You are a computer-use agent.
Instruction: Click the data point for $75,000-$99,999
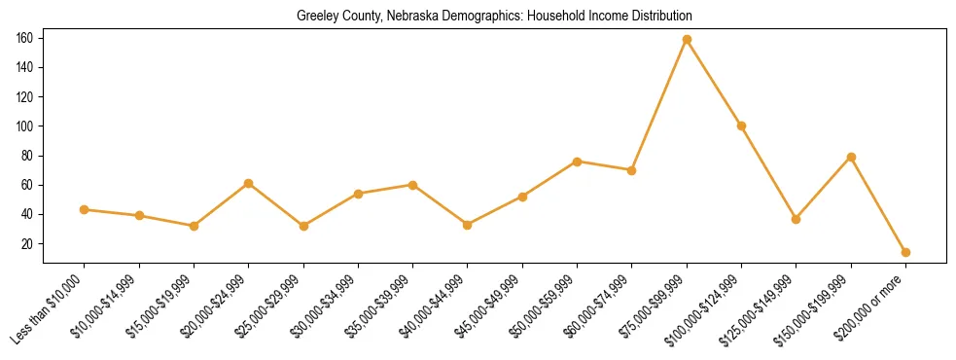pyautogui.click(x=687, y=39)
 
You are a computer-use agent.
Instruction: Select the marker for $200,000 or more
pyautogui.click(x=905, y=252)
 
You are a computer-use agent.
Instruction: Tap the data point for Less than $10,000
pyautogui.click(x=85, y=209)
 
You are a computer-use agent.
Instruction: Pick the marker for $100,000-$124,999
pyautogui.click(x=741, y=126)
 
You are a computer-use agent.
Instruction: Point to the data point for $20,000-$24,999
pyautogui.click(x=249, y=183)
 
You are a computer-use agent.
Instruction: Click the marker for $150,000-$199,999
pyautogui.click(x=851, y=157)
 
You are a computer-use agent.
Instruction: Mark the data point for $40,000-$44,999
pyautogui.click(x=468, y=225)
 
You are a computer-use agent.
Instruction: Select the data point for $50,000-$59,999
pyautogui.click(x=578, y=162)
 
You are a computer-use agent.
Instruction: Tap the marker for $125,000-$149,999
pyautogui.click(x=797, y=219)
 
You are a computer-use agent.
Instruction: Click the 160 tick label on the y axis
pyautogui.click(x=24, y=38)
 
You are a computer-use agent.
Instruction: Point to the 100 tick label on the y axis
pyautogui.click(x=24, y=126)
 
